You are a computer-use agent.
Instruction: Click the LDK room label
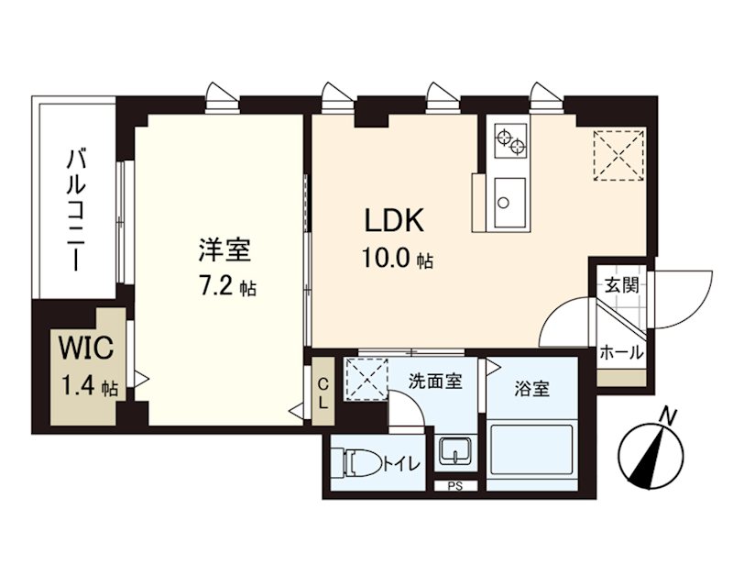coord(394,221)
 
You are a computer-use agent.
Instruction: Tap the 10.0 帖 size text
coord(396,260)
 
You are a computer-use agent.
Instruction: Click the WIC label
coord(86,349)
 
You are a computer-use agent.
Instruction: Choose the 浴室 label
coord(531,389)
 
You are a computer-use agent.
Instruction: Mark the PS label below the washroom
coord(454,487)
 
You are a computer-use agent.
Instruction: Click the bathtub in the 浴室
coord(531,454)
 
